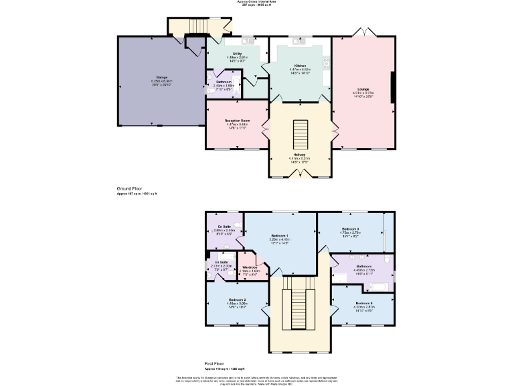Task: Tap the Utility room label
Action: click(x=237, y=54)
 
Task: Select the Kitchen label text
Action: click(x=300, y=66)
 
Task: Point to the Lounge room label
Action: click(x=362, y=89)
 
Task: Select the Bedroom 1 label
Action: click(x=279, y=236)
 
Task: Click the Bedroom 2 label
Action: click(x=237, y=300)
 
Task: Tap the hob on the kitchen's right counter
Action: click(x=327, y=64)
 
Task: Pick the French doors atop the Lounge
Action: click(x=362, y=33)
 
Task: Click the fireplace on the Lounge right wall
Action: click(x=394, y=89)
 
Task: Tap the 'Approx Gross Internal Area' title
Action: click(x=257, y=2)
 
